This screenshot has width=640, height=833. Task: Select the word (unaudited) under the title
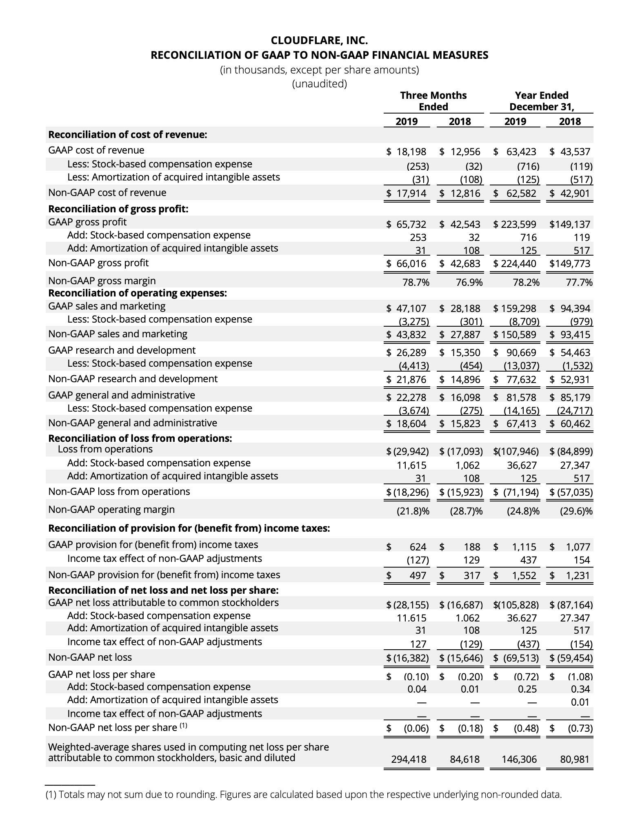tap(319, 84)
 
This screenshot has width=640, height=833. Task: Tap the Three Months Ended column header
tap(433, 101)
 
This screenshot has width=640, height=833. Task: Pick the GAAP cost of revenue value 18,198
tap(411, 152)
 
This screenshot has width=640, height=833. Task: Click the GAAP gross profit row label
tap(87, 222)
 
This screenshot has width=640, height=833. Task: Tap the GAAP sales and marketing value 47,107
tap(411, 308)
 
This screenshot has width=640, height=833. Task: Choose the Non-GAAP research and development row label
tap(133, 379)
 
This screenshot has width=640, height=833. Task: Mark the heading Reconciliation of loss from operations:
tap(140, 439)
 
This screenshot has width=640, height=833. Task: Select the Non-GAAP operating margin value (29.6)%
tap(576, 511)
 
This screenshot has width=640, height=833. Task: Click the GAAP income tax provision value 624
tap(418, 547)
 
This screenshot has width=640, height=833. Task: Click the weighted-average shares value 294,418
tap(408, 759)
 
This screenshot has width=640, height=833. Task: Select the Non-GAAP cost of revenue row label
tap(107, 193)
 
